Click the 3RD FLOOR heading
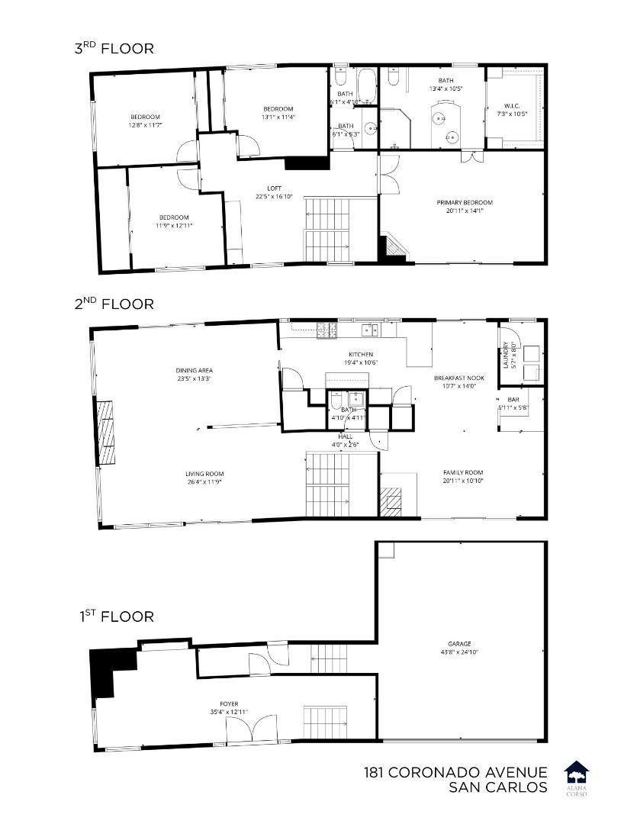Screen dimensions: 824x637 tap(114, 49)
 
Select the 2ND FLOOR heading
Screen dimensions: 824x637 tap(114, 304)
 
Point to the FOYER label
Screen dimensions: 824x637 tap(228, 704)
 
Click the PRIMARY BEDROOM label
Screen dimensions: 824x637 tap(465, 202)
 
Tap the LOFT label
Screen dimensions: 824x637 tap(274, 188)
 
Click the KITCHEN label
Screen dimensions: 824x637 tap(361, 355)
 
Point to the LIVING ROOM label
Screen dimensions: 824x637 tap(204, 474)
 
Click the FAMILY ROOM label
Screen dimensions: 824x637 tap(464, 472)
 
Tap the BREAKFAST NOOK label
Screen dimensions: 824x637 tap(459, 378)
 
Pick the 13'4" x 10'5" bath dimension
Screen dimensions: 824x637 tap(446, 89)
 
